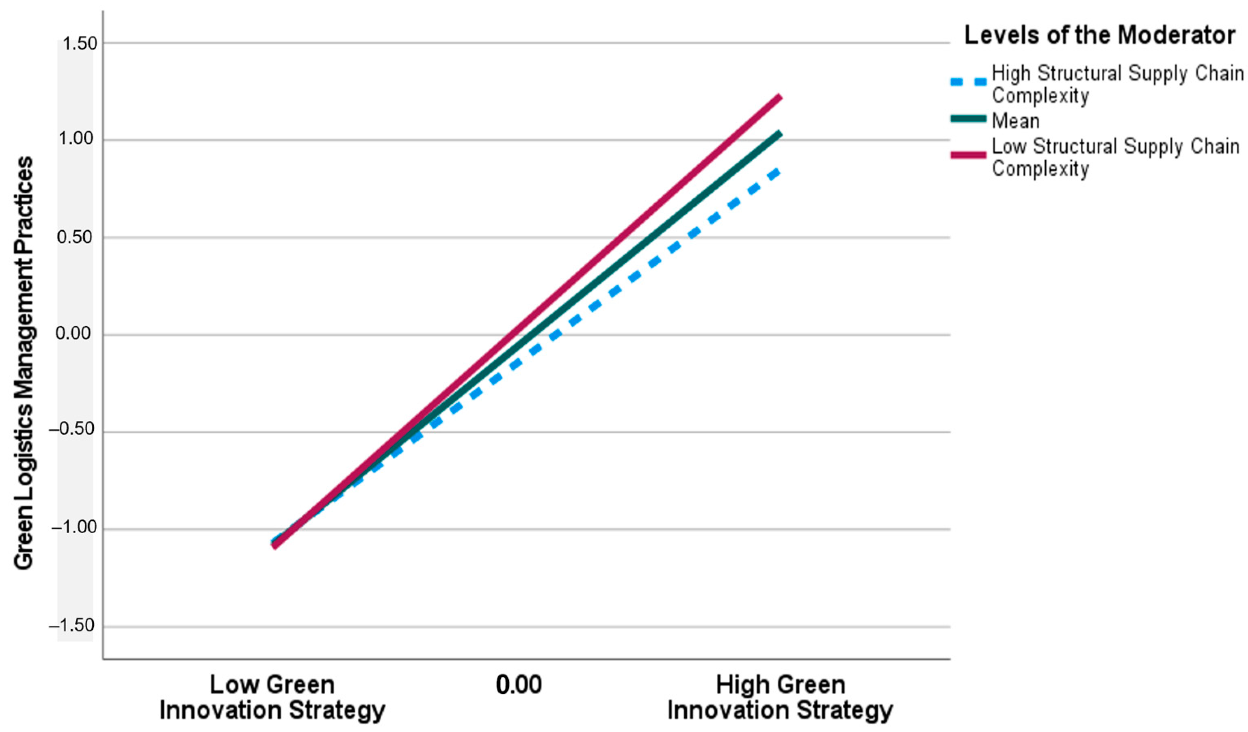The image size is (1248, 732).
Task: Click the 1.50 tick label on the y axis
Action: click(77, 43)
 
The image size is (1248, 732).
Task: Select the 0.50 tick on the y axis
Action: click(75, 237)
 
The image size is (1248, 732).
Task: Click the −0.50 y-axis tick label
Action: click(72, 429)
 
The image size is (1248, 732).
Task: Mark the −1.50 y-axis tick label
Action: click(72, 626)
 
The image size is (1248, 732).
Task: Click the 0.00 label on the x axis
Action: click(519, 685)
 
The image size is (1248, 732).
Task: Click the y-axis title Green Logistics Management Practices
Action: click(23, 364)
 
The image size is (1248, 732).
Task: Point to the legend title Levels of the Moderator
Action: click(1099, 36)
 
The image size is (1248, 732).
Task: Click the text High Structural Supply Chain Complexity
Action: click(1117, 84)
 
